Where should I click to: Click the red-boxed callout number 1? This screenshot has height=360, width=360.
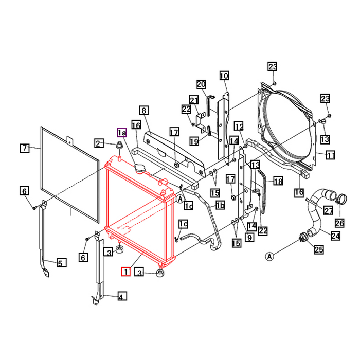pos(125,271)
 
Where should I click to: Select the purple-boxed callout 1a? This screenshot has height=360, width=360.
pos(121,133)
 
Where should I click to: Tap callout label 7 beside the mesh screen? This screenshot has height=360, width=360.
pos(24,148)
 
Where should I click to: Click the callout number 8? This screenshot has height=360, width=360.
pos(143,110)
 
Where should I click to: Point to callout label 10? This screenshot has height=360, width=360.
pos(224,76)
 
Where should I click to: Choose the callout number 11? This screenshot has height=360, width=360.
pos(331,154)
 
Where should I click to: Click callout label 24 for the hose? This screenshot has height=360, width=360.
pos(335,236)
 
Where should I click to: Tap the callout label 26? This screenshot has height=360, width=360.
pos(339,222)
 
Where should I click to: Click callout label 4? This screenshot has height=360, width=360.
pos(121,296)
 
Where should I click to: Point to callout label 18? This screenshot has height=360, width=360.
pos(278,181)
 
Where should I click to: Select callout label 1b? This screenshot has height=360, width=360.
pos(220,206)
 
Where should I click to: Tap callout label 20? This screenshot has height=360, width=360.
pos(201,84)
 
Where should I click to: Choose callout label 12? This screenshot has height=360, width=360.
pos(239,127)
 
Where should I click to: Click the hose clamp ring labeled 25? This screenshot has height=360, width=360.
pos(303,237)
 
